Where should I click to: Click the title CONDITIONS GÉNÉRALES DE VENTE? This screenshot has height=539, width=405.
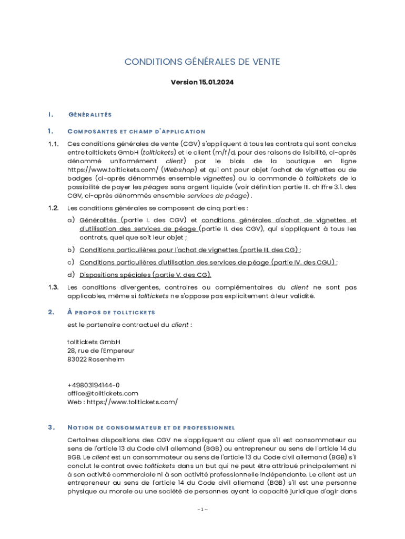tap(202, 62)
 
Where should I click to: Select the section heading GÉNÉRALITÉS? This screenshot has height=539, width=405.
tap(90, 114)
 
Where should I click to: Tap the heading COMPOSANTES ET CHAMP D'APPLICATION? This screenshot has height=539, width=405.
tap(136, 131)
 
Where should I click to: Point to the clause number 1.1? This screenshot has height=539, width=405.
tap(53, 144)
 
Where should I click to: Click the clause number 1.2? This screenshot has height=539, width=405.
tap(53, 208)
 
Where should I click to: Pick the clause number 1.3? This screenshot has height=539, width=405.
tap(53, 287)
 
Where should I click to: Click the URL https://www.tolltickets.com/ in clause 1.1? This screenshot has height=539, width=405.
tap(112, 169)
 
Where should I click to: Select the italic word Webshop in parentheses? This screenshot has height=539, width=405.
tap(179, 169)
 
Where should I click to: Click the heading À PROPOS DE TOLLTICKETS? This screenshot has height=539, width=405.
tap(111, 313)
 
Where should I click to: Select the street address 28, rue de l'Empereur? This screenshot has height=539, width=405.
tap(101, 351)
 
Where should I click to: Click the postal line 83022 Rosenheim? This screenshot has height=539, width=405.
tap(96, 359)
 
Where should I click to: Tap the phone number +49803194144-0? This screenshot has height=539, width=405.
tap(93, 385)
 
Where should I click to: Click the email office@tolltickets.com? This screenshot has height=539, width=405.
tap(103, 393)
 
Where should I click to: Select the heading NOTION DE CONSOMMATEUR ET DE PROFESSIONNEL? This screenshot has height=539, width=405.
tap(151, 427)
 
